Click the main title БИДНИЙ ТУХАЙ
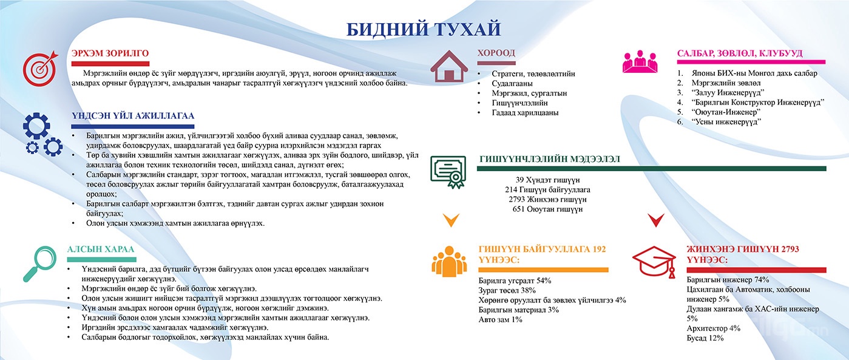point(424,29)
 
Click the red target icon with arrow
point(41,68)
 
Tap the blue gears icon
point(42,134)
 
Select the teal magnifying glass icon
point(40,264)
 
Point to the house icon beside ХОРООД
point(448,66)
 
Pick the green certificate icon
point(448,172)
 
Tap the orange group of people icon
point(449,262)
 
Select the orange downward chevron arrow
point(451,220)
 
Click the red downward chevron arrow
point(655,220)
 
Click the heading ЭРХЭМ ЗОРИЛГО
point(110,53)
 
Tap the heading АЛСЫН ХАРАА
point(101,250)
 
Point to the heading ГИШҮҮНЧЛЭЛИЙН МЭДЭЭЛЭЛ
point(550,159)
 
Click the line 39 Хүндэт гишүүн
point(547,180)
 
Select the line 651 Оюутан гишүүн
point(547,209)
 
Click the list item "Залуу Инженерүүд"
point(728,92)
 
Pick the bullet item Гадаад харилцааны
point(525,113)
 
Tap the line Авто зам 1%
point(500,320)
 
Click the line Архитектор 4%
point(713,328)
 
